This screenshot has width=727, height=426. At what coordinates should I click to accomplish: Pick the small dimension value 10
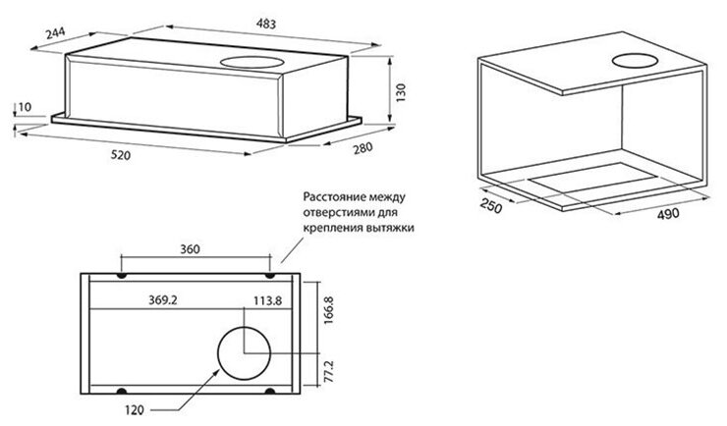[x=25, y=106]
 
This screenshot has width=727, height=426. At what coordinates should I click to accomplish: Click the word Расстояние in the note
[x=329, y=195]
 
